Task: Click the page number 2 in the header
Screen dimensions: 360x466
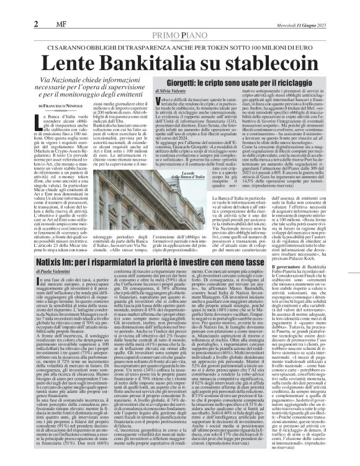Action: [x=10, y=7]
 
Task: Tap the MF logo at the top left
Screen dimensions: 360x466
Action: [x=27, y=7]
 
